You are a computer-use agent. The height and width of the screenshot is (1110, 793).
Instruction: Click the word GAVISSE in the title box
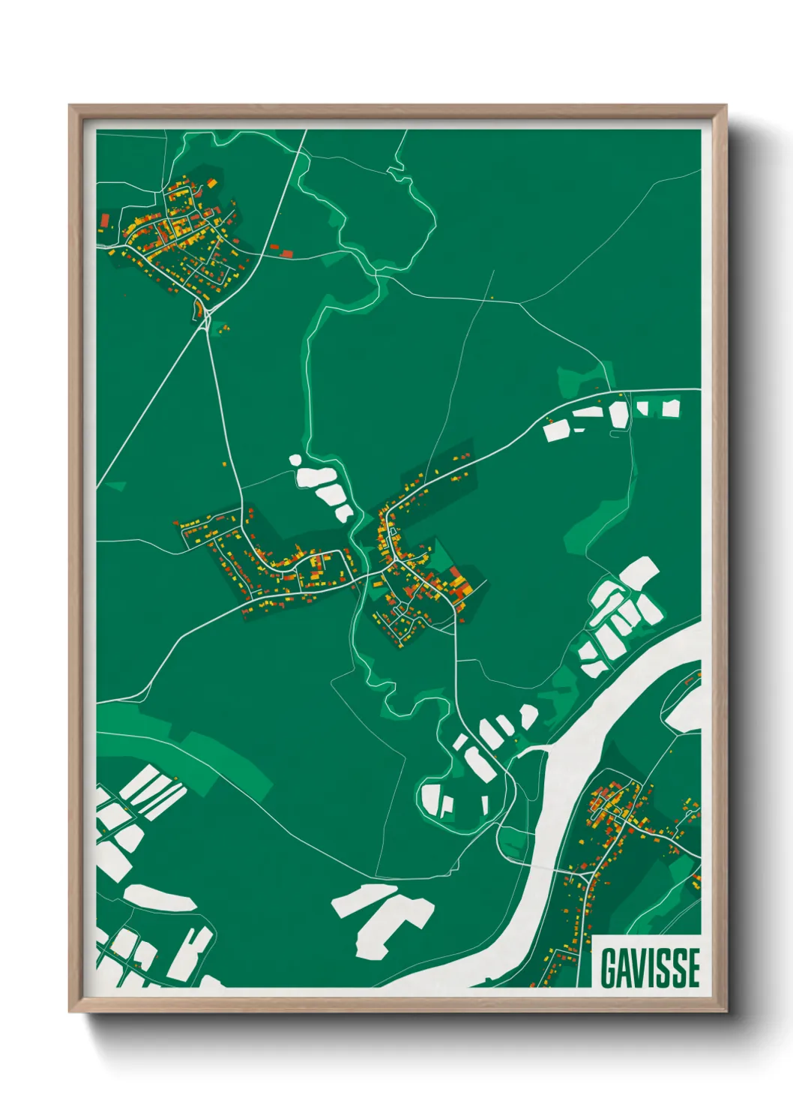tap(650, 967)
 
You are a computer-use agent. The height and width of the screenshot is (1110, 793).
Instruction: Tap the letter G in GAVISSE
tap(608, 968)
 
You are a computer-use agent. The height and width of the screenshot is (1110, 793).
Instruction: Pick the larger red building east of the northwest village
tap(286, 253)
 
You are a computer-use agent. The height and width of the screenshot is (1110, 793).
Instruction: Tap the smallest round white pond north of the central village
tap(295, 460)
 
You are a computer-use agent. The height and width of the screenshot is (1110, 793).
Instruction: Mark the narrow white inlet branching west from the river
tap(532, 749)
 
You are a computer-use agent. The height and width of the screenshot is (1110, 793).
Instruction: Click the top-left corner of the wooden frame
tap(70, 106)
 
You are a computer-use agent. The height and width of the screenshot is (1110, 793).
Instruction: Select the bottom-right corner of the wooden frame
tap(726, 1011)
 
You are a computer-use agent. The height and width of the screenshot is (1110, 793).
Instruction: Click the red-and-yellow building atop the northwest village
tap(212, 183)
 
